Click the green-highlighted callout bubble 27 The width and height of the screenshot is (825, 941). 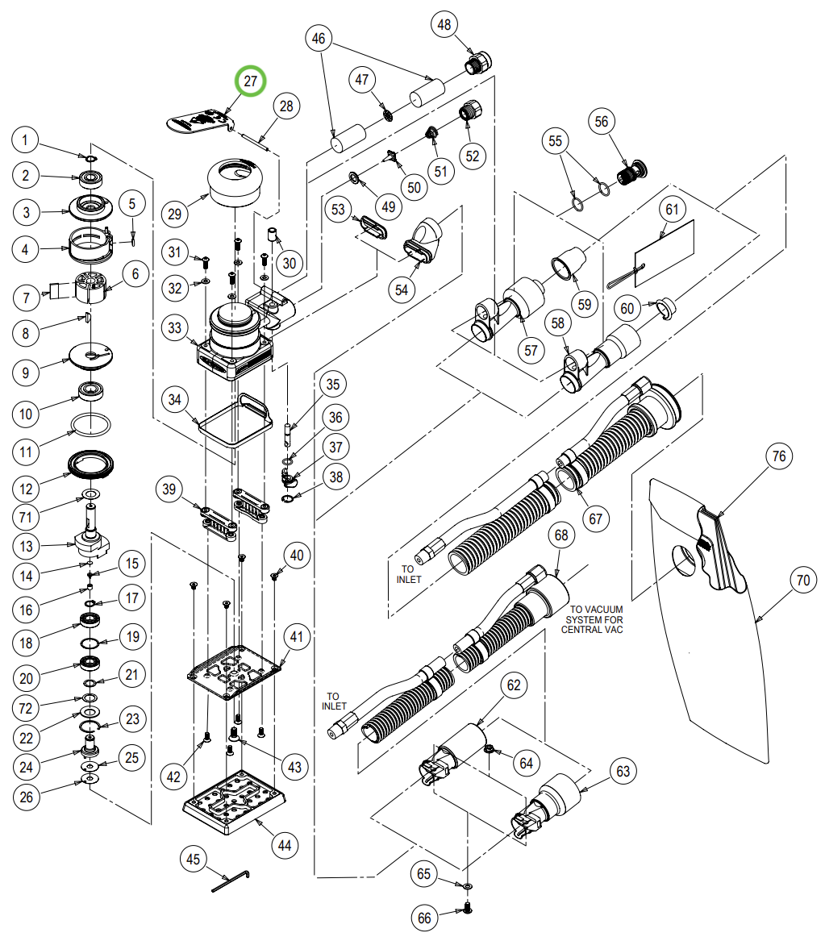coord(250,81)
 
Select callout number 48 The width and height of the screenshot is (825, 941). coord(444,25)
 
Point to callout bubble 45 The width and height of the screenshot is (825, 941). coord(193,859)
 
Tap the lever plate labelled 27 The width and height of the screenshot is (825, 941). coord(198,120)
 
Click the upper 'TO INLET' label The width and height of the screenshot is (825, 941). coord(410,573)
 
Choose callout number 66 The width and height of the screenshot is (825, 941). coord(425,917)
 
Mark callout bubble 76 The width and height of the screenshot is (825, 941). coord(777,457)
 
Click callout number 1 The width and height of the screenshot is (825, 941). coord(26,142)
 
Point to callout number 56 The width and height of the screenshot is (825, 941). coord(602,123)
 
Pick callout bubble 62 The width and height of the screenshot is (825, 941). coord(514,685)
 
